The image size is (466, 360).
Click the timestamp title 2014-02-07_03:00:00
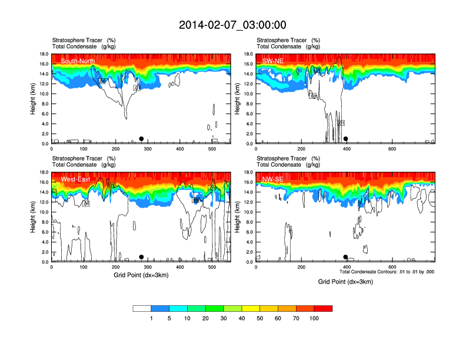pyautogui.click(x=232, y=25)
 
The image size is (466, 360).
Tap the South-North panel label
pyautogui.click(x=78, y=61)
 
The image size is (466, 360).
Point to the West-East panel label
pyautogui.click(x=75, y=179)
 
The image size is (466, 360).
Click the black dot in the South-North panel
pyautogui.click(x=141, y=139)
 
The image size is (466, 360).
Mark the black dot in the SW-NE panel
pyautogui.click(x=345, y=139)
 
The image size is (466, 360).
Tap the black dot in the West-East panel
pyautogui.click(x=141, y=257)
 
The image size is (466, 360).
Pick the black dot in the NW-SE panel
pyautogui.click(x=345, y=257)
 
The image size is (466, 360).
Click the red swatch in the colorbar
pyautogui.click(x=324, y=308)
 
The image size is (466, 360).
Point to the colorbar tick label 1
pyautogui.click(x=151, y=318)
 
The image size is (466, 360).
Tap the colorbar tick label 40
pyautogui.click(x=242, y=318)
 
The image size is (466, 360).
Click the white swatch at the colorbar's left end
pyautogui.click(x=142, y=308)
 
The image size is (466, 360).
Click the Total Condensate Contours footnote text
pyautogui.click(x=387, y=272)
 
